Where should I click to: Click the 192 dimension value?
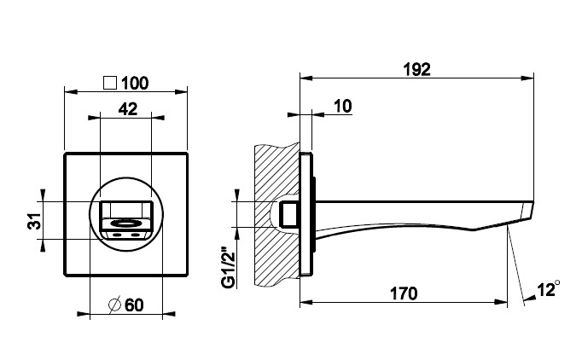point(416,69)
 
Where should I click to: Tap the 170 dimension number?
point(404,293)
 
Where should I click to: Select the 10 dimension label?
point(342,106)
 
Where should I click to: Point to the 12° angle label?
point(548,288)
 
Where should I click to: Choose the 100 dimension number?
point(135,83)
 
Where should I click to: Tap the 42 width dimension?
point(128,109)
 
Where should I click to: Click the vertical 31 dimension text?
point(34,221)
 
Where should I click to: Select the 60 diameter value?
point(134,305)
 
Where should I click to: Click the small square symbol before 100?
point(110,83)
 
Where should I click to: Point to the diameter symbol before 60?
point(114,305)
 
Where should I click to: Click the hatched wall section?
point(276,214)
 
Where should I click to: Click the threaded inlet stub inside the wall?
point(289,214)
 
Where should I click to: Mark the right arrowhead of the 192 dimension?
point(527,78)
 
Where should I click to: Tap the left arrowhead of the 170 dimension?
point(306,303)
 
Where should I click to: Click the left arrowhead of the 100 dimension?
point(71,91)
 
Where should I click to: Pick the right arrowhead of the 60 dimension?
point(169,314)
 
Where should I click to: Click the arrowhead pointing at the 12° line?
point(530,298)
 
